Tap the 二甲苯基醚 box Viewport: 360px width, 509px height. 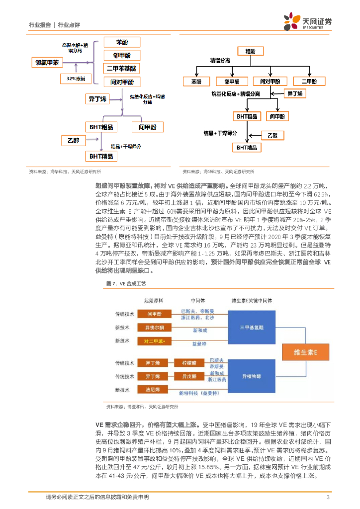[122, 69]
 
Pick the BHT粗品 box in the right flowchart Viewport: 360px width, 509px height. [247, 116]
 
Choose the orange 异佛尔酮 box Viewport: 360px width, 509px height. [154, 328]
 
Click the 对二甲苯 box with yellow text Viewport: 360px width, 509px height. [154, 341]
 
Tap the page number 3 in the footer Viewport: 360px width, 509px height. [328, 497]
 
